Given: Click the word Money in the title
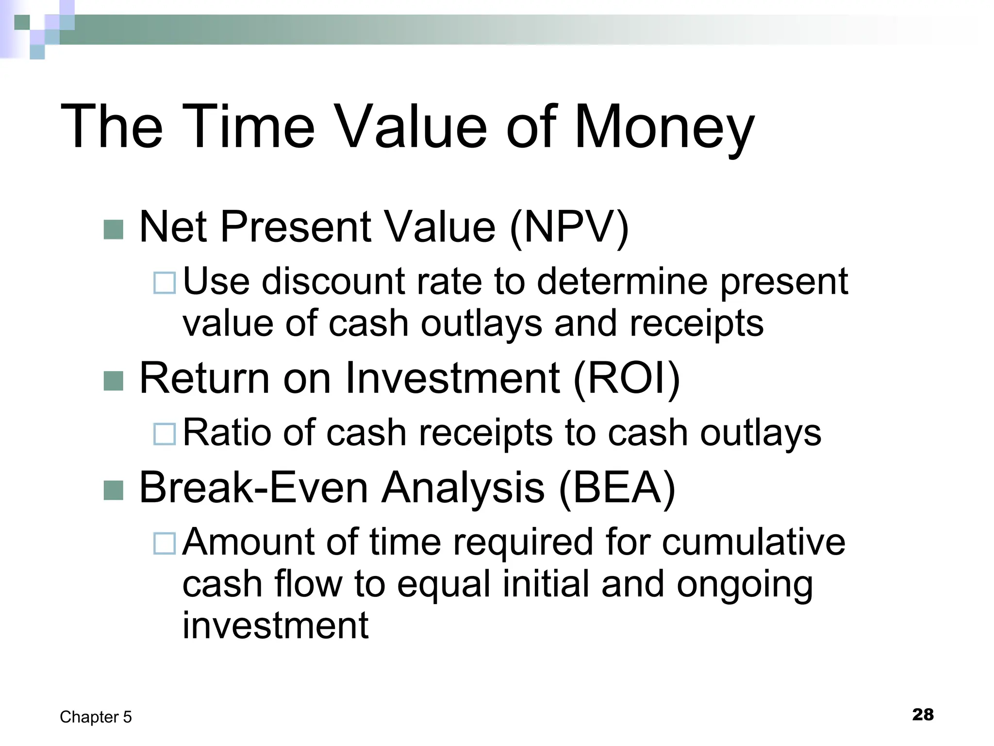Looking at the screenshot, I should pyautogui.click(x=664, y=127).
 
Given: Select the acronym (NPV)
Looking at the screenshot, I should pyautogui.click(x=569, y=227).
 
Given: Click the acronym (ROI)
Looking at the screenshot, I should pyautogui.click(x=626, y=379).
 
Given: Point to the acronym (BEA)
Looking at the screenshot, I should pyautogui.click(x=617, y=488).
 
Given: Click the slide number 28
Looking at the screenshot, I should pyautogui.click(x=923, y=714).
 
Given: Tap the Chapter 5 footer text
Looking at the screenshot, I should pyautogui.click(x=96, y=717).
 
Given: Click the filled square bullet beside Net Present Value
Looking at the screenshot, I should pyautogui.click(x=114, y=230).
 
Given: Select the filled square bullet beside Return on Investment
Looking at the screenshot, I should pyautogui.click(x=114, y=381).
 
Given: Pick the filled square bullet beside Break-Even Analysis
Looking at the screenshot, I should pyautogui.click(x=114, y=490).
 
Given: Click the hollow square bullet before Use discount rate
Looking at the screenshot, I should pyautogui.click(x=165, y=283).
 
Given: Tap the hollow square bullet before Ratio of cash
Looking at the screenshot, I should pyautogui.click(x=165, y=434).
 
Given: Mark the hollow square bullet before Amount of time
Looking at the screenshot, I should pyautogui.click(x=165, y=543).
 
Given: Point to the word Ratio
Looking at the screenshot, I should pyautogui.click(x=227, y=433).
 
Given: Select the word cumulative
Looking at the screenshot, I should pyautogui.click(x=753, y=542).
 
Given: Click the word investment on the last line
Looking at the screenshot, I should pyautogui.click(x=275, y=626).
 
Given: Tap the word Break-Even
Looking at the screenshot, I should pyautogui.click(x=253, y=488).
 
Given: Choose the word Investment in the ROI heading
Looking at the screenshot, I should pyautogui.click(x=452, y=379).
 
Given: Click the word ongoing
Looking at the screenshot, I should pyautogui.click(x=745, y=585).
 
